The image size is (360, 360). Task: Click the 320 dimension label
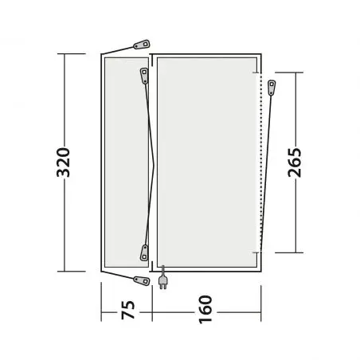(x=64, y=162)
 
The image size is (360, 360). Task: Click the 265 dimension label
(x=295, y=162)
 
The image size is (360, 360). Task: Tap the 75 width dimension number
(x=128, y=310)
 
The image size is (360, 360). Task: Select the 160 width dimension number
(x=205, y=309)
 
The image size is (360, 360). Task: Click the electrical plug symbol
(x=162, y=281)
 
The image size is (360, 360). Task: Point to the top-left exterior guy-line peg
(x=142, y=45)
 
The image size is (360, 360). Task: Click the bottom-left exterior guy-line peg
(x=142, y=280)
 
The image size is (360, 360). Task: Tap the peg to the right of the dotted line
(x=272, y=88)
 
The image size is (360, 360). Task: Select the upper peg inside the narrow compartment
(x=144, y=76)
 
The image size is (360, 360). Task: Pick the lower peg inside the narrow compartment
(x=144, y=252)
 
